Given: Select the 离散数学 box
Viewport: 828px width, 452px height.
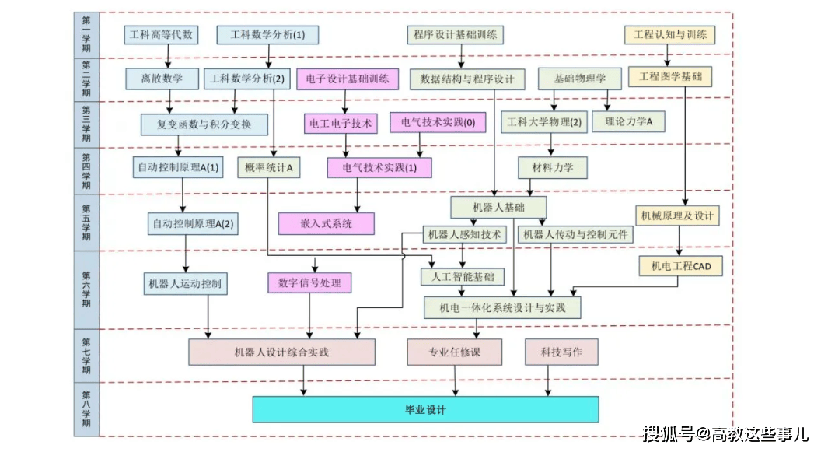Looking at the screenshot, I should pyautogui.click(x=162, y=78).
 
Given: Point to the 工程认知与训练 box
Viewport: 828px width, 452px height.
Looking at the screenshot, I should pyautogui.click(x=669, y=35).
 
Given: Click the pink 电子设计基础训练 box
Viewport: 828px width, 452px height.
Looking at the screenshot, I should pyautogui.click(x=348, y=79).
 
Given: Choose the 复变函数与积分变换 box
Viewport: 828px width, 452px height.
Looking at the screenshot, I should pyautogui.click(x=204, y=124).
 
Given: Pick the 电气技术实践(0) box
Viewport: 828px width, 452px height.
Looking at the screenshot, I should pyautogui.click(x=438, y=122).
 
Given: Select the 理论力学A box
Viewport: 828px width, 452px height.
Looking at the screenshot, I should pyautogui.click(x=628, y=121).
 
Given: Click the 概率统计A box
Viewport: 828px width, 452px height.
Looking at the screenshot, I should pyautogui.click(x=268, y=167).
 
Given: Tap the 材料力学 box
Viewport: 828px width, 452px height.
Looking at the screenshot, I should pyautogui.click(x=553, y=167).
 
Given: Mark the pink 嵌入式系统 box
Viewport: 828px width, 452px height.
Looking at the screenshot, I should pyautogui.click(x=327, y=223).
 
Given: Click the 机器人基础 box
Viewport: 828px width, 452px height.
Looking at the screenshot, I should pyautogui.click(x=498, y=207).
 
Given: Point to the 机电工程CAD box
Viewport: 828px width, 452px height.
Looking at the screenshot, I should pyautogui.click(x=680, y=266).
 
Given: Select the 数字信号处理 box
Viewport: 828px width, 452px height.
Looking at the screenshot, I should pyautogui.click(x=309, y=283).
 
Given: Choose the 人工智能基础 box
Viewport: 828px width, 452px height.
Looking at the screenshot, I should pyautogui.click(x=462, y=276).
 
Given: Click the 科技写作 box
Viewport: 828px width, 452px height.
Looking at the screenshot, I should pyautogui.click(x=561, y=352).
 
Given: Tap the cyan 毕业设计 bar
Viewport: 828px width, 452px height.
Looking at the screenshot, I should pyautogui.click(x=425, y=409).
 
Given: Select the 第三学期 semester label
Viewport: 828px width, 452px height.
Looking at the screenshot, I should pyautogui.click(x=86, y=123).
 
